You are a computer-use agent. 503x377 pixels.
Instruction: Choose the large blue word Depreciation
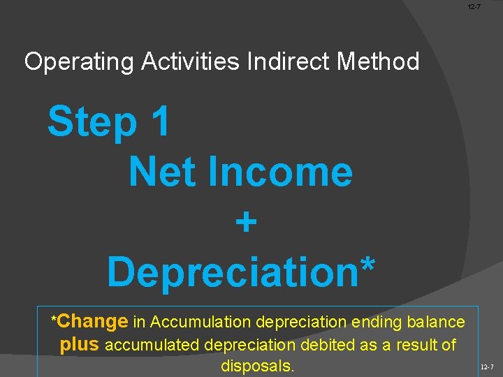(x=229, y=272)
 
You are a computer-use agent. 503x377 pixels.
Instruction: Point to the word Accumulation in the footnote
(x=201, y=322)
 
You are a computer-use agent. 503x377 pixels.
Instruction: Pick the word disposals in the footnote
(x=257, y=366)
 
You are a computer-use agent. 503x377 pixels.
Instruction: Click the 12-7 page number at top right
(x=474, y=6)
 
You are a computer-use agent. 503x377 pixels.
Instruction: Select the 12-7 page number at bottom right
(x=487, y=367)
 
